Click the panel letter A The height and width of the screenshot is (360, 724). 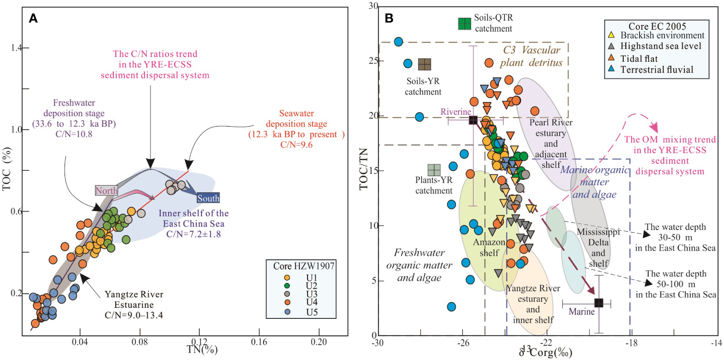pyautogui.click(x=33, y=18)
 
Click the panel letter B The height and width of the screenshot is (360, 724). pyautogui.click(x=389, y=18)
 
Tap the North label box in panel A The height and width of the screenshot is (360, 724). pyautogui.click(x=106, y=191)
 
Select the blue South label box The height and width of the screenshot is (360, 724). pyautogui.click(x=208, y=198)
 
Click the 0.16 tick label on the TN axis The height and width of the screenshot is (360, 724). pyautogui.click(x=259, y=342)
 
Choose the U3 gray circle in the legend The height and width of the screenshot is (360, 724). pyautogui.click(x=287, y=294)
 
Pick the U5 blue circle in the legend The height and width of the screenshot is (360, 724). pyautogui.click(x=287, y=312)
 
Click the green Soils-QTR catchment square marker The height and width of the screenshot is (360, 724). pyautogui.click(x=464, y=24)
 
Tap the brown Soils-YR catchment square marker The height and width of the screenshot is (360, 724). pyautogui.click(x=424, y=64)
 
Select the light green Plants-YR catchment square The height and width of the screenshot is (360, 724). pyautogui.click(x=434, y=170)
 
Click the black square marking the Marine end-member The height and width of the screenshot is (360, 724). pyautogui.click(x=599, y=303)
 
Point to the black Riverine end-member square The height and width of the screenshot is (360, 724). pyautogui.click(x=473, y=120)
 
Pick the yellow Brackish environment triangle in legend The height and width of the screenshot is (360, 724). pyautogui.click(x=612, y=35)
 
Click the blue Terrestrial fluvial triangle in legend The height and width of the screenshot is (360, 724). pyautogui.click(x=612, y=69)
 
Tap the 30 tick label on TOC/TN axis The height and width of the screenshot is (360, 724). pyautogui.click(x=373, y=6)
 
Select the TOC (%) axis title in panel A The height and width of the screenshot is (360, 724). pyautogui.click(x=7, y=169)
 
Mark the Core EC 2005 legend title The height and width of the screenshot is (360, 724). pyautogui.click(x=657, y=26)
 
